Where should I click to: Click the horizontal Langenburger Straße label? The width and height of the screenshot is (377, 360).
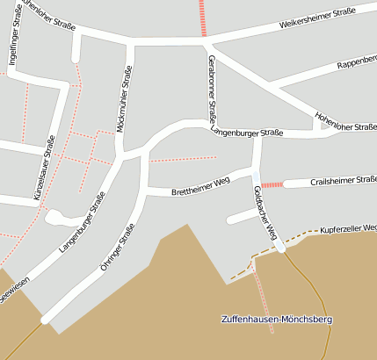pyautogui.click(x=247, y=133)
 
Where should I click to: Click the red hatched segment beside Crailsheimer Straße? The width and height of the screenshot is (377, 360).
pyautogui.click(x=272, y=185)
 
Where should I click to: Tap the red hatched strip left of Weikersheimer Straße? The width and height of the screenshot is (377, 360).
pyautogui.click(x=202, y=17)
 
